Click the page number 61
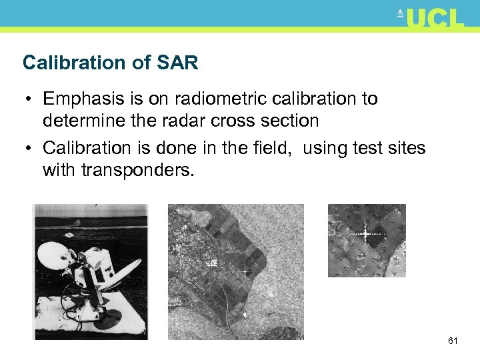(453, 341)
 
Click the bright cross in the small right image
(365, 233)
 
